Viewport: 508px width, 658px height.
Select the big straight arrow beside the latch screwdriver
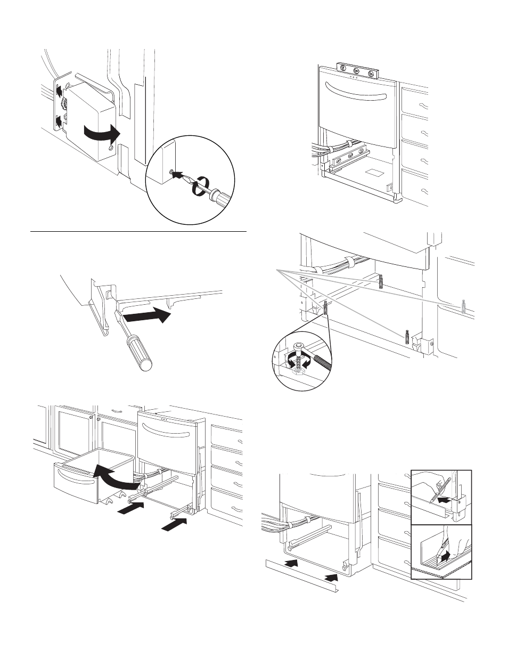[x=147, y=318]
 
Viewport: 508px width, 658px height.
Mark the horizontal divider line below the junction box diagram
[x=138, y=232]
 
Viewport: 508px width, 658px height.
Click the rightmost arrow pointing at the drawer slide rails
[x=175, y=525]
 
